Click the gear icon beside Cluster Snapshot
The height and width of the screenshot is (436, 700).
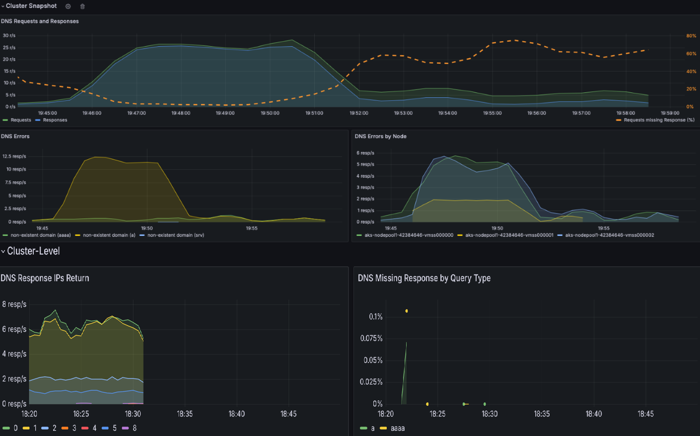[68, 6]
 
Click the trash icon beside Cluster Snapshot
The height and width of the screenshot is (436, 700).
[82, 6]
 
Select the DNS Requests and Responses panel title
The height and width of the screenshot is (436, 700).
[40, 21]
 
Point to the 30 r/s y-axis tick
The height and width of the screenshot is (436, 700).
[9, 36]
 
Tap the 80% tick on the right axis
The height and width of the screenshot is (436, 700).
[691, 36]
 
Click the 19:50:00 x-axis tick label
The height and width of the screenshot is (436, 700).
[270, 113]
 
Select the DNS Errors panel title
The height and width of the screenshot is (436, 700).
[15, 136]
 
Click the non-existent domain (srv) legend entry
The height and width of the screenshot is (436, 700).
[175, 235]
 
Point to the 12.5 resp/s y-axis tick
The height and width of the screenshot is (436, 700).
[14, 156]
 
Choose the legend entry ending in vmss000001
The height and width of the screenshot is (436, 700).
[509, 235]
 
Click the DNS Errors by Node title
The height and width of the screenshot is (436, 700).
[380, 136]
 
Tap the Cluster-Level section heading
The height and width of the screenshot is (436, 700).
[33, 251]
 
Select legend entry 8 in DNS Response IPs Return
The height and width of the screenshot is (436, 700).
[134, 428]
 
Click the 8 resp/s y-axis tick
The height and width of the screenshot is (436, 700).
[14, 304]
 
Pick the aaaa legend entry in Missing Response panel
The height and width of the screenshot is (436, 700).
[397, 428]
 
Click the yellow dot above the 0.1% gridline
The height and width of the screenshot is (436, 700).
[407, 311]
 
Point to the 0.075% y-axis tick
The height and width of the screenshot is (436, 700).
[371, 338]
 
